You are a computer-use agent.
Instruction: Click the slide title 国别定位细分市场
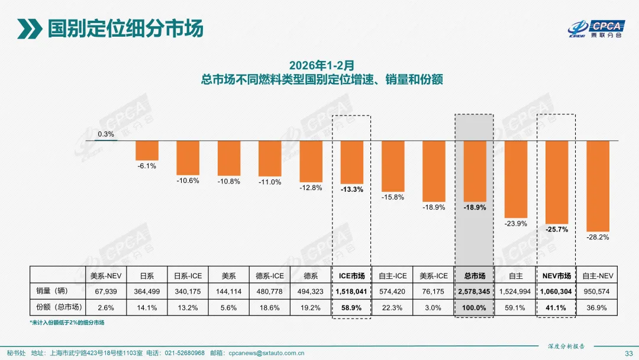coord(125,28)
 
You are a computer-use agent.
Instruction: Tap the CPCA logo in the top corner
coord(597,28)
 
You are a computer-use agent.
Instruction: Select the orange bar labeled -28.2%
coord(598,185)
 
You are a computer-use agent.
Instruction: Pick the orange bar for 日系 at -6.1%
coord(147,150)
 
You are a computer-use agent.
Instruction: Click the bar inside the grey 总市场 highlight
coord(474,171)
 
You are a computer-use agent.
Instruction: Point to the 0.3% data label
coord(106,134)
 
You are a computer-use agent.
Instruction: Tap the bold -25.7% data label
coord(557,229)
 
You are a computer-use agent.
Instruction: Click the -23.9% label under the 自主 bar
coord(515,223)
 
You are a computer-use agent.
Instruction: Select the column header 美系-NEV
coord(106,276)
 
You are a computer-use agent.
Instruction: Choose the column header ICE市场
coord(351,276)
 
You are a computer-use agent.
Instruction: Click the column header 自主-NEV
coord(598,276)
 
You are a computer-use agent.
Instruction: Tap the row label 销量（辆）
coord(57,291)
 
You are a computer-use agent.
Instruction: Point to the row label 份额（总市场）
coord(57,307)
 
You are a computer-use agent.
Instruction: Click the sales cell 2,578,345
coord(474,291)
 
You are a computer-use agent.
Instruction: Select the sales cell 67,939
coord(106,291)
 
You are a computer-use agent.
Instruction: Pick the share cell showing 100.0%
coord(474,307)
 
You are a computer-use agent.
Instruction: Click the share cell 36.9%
coord(598,307)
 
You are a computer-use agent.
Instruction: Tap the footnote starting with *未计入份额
coord(70,323)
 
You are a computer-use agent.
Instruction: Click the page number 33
coord(629,353)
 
